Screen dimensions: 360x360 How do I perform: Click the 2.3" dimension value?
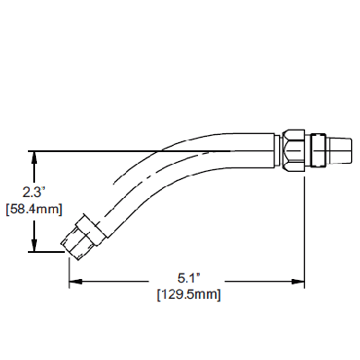(x=33, y=192)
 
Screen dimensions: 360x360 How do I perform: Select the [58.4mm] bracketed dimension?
(x=34, y=209)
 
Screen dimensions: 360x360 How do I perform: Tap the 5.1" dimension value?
(x=188, y=279)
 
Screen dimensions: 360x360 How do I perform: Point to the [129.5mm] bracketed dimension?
(x=189, y=294)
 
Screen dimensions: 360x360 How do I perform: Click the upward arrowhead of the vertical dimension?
(x=35, y=157)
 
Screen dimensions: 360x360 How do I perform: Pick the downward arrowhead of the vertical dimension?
(x=35, y=246)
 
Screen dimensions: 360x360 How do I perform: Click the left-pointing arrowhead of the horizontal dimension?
(x=76, y=282)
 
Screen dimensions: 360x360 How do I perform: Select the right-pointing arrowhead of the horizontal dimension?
(x=298, y=282)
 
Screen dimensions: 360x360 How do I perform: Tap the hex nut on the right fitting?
(x=294, y=150)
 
